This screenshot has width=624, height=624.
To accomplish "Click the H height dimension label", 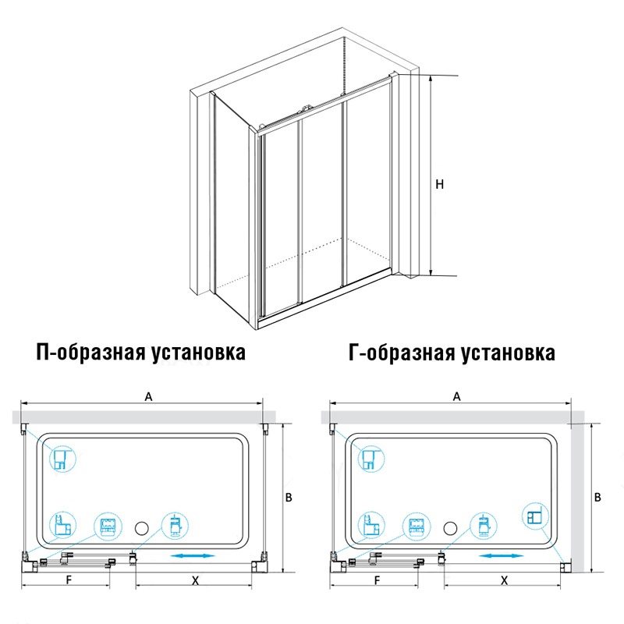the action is [x=439, y=184].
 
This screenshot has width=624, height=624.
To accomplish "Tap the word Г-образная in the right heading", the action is [x=401, y=353].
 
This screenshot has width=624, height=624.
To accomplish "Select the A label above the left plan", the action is [x=148, y=396].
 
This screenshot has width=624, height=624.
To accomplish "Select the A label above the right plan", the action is [x=457, y=396].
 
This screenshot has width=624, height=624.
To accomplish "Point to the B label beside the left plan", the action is [x=289, y=497].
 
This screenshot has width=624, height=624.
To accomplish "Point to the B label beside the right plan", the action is [x=597, y=497].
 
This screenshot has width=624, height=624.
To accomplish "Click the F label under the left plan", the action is [x=69, y=580].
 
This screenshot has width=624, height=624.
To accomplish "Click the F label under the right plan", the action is [x=378, y=580].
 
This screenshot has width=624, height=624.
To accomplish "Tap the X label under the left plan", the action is [x=195, y=580].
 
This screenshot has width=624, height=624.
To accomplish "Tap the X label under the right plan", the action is [x=504, y=580].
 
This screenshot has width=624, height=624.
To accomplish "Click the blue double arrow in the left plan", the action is [x=193, y=556].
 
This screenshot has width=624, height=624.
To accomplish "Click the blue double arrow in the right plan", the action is [x=501, y=556].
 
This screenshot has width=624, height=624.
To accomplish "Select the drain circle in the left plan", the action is [x=142, y=528].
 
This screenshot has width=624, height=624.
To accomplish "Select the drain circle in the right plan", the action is [x=450, y=528].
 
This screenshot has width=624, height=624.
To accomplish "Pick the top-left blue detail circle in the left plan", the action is [x=62, y=459].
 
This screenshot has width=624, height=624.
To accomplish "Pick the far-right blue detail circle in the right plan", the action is [x=535, y=516].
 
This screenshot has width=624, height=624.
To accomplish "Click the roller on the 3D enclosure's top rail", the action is [x=307, y=109].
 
